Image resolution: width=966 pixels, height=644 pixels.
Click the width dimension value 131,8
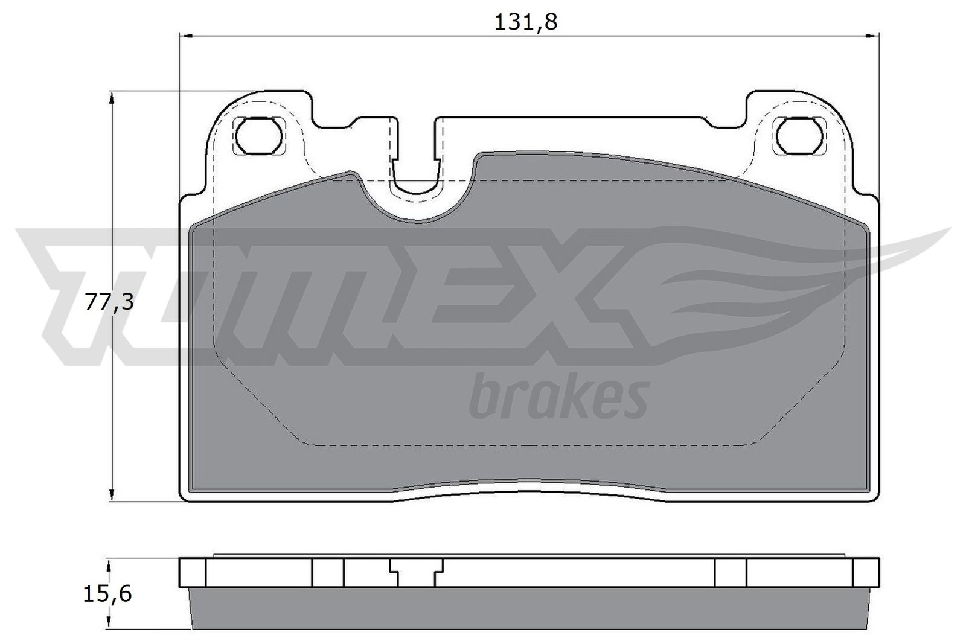[x=525, y=22]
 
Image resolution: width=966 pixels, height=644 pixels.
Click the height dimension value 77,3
[x=109, y=302]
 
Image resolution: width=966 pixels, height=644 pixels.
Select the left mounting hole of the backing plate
[x=260, y=135]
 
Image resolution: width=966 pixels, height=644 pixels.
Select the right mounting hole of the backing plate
[x=800, y=135]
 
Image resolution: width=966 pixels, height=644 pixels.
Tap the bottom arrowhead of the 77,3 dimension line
[x=111, y=494]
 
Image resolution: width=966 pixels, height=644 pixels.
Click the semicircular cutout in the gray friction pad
[x=417, y=205]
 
